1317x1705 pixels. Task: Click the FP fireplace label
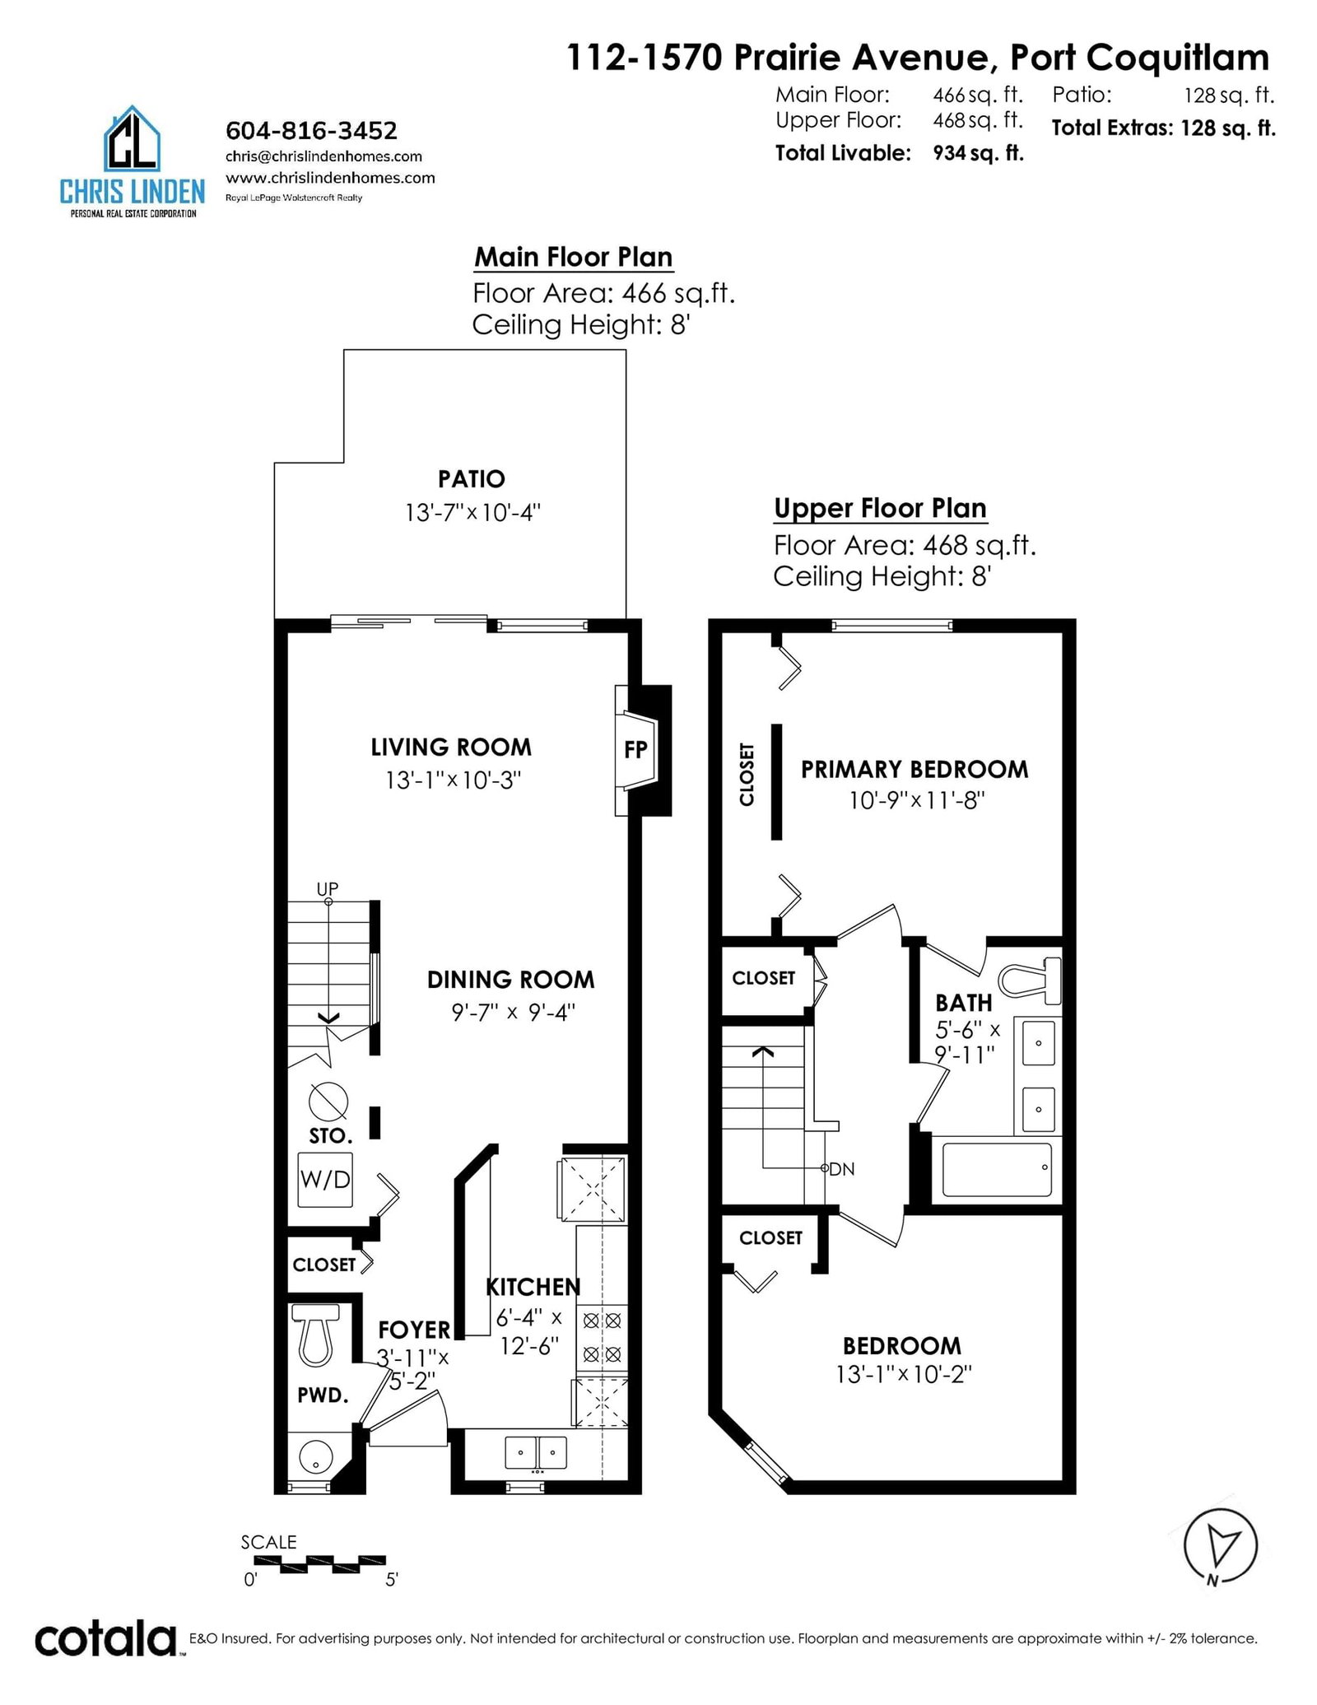coord(635,749)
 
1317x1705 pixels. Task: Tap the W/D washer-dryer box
coord(325,1180)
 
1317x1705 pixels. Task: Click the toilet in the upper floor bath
coord(1029,981)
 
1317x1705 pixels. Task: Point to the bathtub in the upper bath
coord(997,1169)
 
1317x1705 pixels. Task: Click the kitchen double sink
coord(536,1452)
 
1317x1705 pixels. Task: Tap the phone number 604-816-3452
coord(311,131)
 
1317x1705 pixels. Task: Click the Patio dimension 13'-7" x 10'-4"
coord(472,512)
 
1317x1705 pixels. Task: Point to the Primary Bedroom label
coord(914,769)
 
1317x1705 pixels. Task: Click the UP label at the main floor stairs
coord(328,888)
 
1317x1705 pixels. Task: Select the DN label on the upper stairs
coord(842,1169)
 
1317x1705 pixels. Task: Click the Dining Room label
coord(510,980)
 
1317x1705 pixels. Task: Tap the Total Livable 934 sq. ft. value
coord(978,153)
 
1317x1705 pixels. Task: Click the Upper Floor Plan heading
coord(880,508)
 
